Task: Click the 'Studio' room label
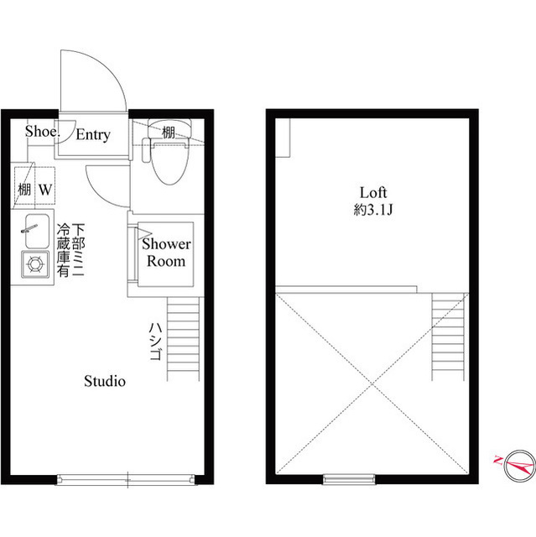click(x=105, y=381)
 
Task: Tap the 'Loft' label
click(x=373, y=192)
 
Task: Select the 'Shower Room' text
click(x=166, y=252)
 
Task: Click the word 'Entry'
click(x=93, y=134)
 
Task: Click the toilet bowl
click(x=168, y=164)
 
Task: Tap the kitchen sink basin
click(x=36, y=231)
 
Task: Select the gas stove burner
click(x=36, y=264)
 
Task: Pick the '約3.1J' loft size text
click(x=373, y=211)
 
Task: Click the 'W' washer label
click(x=44, y=190)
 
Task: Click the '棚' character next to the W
click(x=24, y=190)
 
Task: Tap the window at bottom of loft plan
click(x=347, y=478)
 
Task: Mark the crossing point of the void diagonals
click(x=373, y=383)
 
